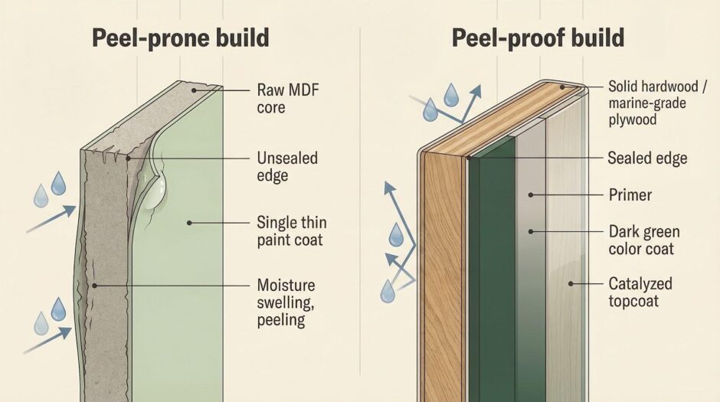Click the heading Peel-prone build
coord(181,38)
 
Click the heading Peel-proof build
coord(538,38)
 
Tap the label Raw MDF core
coord(288,98)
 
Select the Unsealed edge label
coord(287,167)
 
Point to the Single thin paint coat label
coord(292,231)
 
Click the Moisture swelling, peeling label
coord(286,302)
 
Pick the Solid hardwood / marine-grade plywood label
coord(657,103)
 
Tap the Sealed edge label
coord(647,159)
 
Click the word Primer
coord(630,195)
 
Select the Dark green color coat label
coord(644,240)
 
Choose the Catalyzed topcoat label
coord(640,292)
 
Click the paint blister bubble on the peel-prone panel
coord(155,191)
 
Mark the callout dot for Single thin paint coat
coord(189,223)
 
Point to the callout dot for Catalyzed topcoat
coord(571,284)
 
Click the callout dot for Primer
coord(531,195)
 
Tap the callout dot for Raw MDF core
coord(194,90)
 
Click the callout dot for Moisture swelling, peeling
coord(94,286)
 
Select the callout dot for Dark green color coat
coord(531,232)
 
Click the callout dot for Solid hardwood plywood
coord(562,87)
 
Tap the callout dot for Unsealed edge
coord(129,159)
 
